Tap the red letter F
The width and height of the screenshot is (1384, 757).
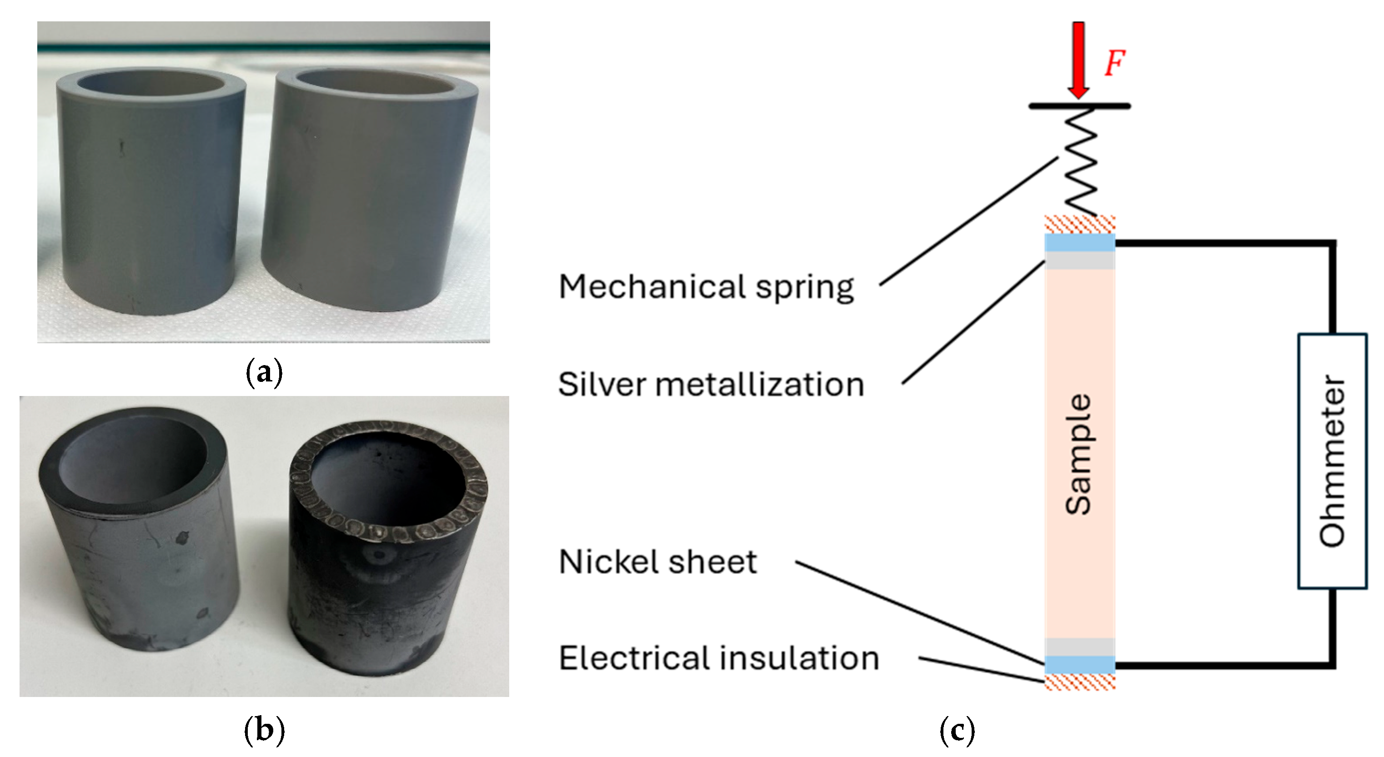pyautogui.click(x=1115, y=63)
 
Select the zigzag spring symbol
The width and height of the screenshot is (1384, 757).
pyautogui.click(x=1080, y=161)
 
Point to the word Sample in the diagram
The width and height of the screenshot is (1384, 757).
pyautogui.click(x=1079, y=454)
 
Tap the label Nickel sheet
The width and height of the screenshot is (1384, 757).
pyautogui.click(x=658, y=562)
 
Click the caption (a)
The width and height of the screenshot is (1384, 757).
pyautogui.click(x=264, y=372)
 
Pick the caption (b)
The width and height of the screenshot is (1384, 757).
pyautogui.click(x=264, y=730)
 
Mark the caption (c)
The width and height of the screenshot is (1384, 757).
pyautogui.click(x=958, y=730)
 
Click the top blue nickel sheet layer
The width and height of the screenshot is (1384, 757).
pyautogui.click(x=1080, y=242)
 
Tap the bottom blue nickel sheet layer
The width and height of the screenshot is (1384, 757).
pyautogui.click(x=1080, y=665)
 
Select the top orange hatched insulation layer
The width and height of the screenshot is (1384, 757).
pyautogui.click(x=1080, y=224)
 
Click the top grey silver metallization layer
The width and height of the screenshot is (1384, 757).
pyautogui.click(x=1080, y=260)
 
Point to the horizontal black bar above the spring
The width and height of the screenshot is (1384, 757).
pyautogui.click(x=1080, y=106)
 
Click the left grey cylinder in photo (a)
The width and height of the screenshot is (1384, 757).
pyautogui.click(x=150, y=193)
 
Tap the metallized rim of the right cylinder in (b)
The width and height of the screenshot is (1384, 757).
pyautogui.click(x=387, y=532)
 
